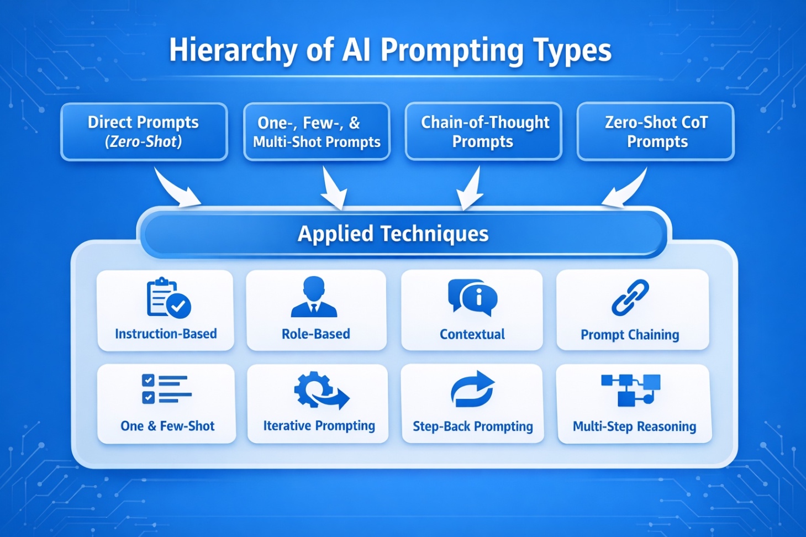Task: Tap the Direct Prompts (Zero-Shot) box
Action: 144,132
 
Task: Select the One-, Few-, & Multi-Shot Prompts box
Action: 317,132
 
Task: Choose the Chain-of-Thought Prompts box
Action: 483,132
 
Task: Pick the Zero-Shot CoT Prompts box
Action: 656,132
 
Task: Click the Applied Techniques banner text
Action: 393,234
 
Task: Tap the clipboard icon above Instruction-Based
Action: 168,298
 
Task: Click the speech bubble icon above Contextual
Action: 472,298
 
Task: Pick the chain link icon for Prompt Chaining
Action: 630,298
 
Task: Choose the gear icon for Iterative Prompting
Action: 320,390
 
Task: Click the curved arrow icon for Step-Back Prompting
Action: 472,389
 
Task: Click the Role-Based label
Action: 316,334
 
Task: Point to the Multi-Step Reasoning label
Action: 634,427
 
